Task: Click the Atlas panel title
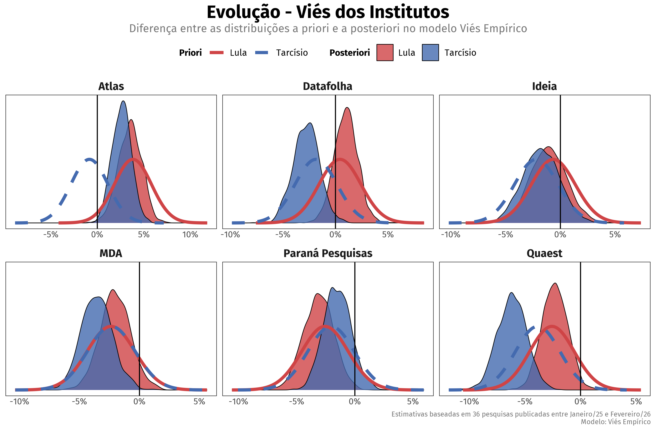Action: coord(111,86)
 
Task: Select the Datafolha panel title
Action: coord(328,86)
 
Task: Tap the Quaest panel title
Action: coord(544,253)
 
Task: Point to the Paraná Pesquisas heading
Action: coord(328,253)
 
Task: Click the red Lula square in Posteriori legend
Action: coord(385,52)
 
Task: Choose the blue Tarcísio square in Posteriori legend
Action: coord(430,52)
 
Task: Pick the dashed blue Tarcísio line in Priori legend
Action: coord(262,52)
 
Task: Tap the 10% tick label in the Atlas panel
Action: coord(190,235)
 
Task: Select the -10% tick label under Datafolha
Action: coord(230,235)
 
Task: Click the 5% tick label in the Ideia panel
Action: coord(615,235)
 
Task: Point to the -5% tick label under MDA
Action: coord(79,402)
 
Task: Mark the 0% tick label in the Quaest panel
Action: coord(580,402)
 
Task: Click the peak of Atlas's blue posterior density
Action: coord(123,101)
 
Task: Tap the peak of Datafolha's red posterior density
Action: coord(347,108)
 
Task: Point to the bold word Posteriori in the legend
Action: coord(350,52)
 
